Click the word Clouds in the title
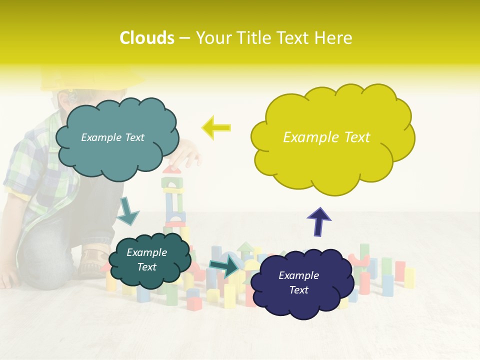click(147, 38)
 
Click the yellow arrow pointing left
click(216, 127)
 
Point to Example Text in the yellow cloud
click(326, 137)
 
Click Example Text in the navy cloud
click(298, 282)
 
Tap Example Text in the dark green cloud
click(146, 259)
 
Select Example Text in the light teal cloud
click(112, 137)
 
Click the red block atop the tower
click(172, 169)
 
